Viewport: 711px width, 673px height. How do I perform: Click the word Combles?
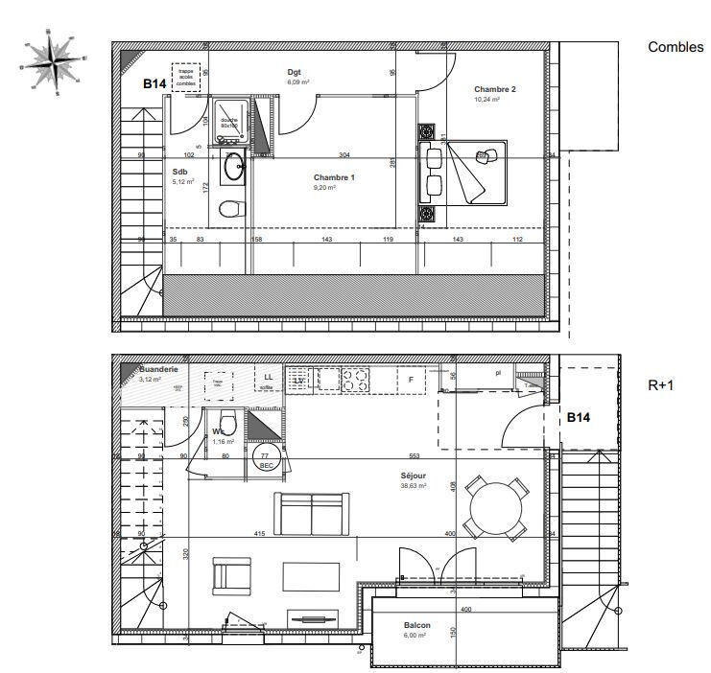[675, 47]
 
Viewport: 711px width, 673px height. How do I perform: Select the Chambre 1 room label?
[334, 177]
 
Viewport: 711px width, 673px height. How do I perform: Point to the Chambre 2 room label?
[495, 89]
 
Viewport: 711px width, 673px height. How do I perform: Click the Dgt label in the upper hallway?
[296, 72]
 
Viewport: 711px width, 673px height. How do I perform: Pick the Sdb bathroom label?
[181, 172]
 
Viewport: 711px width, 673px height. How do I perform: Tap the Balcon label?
[416, 625]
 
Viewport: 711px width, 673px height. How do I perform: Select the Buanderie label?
[158, 368]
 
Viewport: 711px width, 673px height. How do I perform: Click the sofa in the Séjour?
[311, 513]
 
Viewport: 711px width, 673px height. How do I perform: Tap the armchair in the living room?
[231, 576]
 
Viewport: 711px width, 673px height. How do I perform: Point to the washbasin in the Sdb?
[233, 168]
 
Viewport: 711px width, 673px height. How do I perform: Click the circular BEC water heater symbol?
[266, 459]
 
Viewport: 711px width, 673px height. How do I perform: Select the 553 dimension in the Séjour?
[414, 455]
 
